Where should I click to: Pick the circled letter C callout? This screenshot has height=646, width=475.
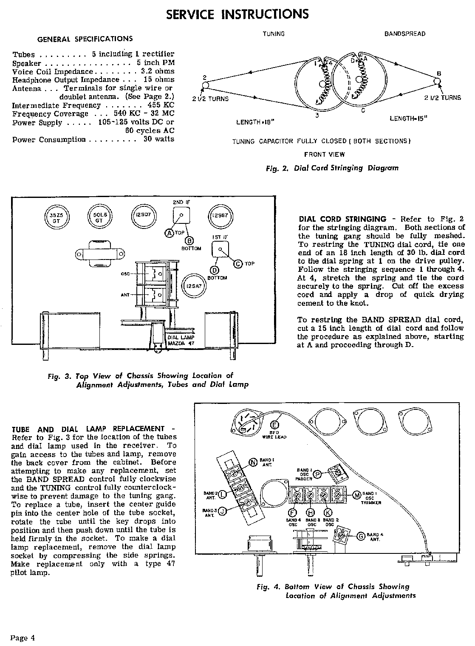click(x=238, y=264)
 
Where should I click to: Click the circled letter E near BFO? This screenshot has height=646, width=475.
click(x=274, y=425)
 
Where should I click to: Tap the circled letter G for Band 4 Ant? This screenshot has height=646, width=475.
click(x=361, y=536)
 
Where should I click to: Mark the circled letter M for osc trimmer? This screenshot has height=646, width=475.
click(x=356, y=494)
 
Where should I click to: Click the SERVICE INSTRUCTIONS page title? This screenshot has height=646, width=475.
click(x=237, y=14)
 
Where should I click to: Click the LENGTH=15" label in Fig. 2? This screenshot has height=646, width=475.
click(x=407, y=119)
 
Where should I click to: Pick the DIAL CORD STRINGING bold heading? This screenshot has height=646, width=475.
click(x=342, y=219)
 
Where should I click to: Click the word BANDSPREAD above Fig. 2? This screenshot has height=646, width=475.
click(x=404, y=34)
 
